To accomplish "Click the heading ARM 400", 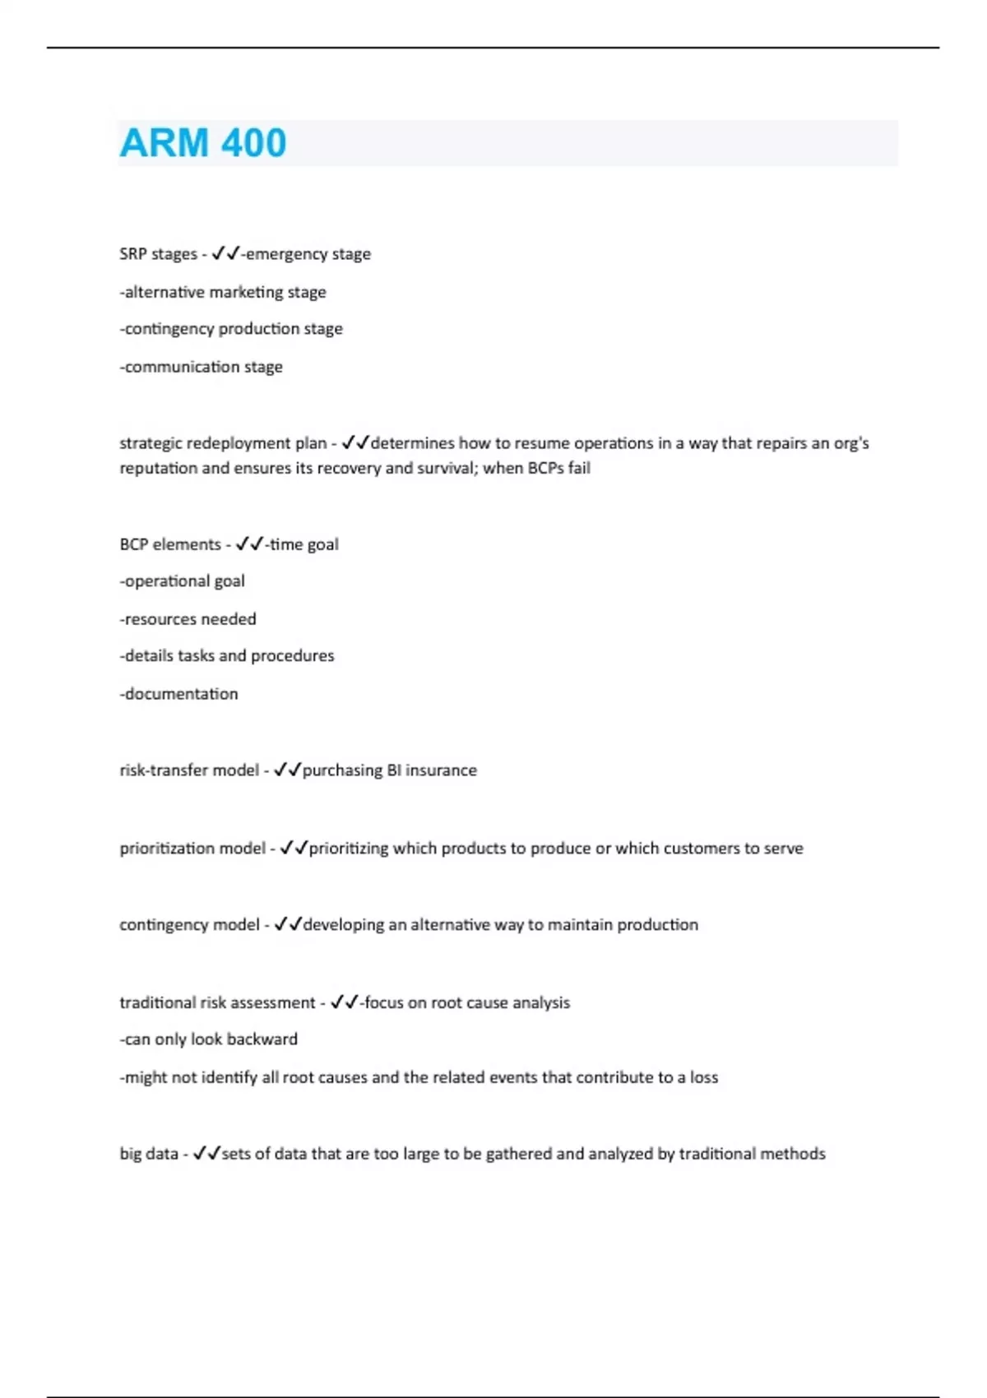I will (x=203, y=143).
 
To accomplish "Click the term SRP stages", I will (x=158, y=254).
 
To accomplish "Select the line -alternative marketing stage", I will (x=223, y=292).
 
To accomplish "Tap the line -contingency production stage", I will (x=231, y=329).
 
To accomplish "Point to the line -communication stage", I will (x=202, y=367).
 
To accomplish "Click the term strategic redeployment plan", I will (x=223, y=443).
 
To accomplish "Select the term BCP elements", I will (x=170, y=544).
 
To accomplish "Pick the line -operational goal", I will (x=183, y=581).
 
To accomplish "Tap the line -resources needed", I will (x=188, y=619).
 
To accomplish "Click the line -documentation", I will (x=179, y=694).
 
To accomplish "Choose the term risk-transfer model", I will (x=189, y=771).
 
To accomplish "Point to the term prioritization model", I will (x=192, y=848).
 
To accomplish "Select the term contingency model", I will (x=189, y=925).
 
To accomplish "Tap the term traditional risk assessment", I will (x=217, y=1002).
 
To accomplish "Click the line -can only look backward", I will (x=209, y=1039).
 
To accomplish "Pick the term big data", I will (x=149, y=1154).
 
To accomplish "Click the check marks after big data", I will (x=206, y=1154).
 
